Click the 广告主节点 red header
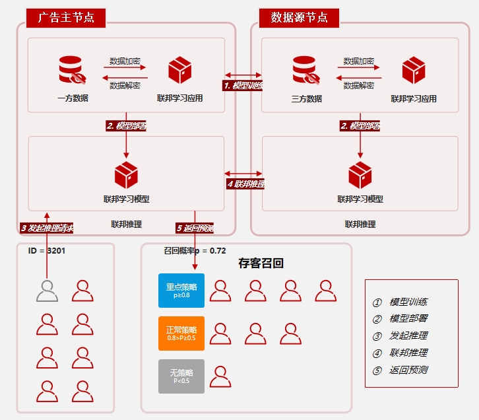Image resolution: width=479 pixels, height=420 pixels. click(x=66, y=18)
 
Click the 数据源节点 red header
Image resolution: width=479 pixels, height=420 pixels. click(x=299, y=18)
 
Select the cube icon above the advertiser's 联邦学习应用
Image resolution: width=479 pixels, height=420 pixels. click(x=179, y=70)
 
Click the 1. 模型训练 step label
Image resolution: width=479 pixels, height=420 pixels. click(x=243, y=85)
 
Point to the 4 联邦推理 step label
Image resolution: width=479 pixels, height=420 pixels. click(x=245, y=184)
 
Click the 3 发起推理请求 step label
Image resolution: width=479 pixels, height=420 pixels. click(x=47, y=228)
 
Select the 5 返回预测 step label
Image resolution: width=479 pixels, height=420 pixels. click(x=195, y=228)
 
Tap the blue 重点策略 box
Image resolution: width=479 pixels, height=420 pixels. click(x=181, y=291)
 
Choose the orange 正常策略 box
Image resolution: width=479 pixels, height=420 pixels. click(x=181, y=333)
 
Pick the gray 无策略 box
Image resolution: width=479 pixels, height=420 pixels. click(x=181, y=376)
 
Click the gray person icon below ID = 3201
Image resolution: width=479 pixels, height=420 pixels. click(x=47, y=291)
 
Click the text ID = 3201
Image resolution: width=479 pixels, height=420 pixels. click(x=47, y=251)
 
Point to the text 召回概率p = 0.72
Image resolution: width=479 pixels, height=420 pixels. click(x=195, y=251)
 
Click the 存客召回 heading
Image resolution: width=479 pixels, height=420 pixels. click(x=261, y=263)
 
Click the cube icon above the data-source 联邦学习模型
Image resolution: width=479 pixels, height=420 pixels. click(x=360, y=175)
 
